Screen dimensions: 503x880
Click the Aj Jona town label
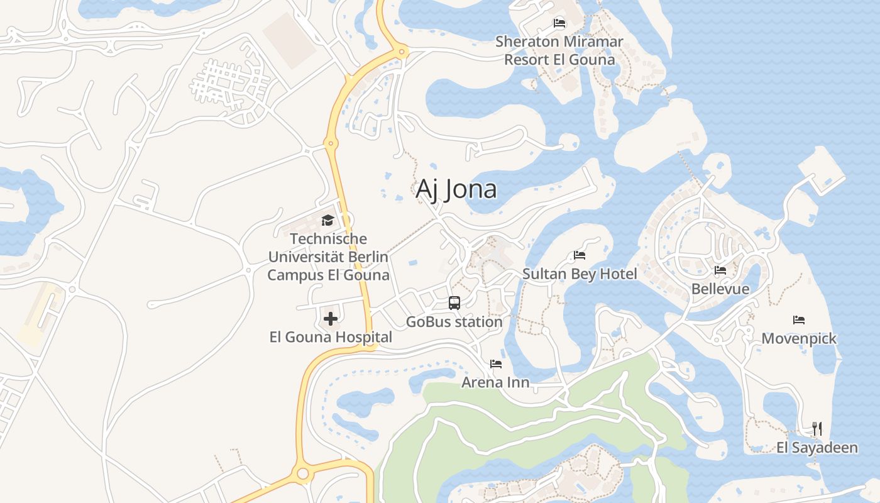pos(456,189)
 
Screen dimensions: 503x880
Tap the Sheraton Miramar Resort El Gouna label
pos(559,51)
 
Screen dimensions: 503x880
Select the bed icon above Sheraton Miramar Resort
pos(559,24)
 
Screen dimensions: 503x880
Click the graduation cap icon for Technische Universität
pos(327,220)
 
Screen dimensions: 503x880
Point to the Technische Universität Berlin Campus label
pos(328,257)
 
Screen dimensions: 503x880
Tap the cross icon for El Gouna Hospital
pos(331,319)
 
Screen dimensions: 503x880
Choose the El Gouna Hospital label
pos(331,337)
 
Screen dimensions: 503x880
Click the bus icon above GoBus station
pos(454,303)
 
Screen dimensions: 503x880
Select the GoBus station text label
pos(454,322)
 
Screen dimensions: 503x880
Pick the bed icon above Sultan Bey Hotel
pos(580,255)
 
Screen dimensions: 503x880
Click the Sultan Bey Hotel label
pos(580,274)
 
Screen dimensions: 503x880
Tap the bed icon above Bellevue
pos(720,270)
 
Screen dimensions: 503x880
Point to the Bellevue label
pos(720,289)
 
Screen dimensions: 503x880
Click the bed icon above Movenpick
pos(799,320)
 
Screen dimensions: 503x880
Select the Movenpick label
pos(799,338)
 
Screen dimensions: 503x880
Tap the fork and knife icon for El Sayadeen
pos(817,429)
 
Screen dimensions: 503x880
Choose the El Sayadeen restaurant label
pos(817,448)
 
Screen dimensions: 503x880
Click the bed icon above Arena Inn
pos(496,363)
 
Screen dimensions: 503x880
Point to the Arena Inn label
pos(495,382)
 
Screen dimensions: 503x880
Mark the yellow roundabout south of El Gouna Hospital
pos(302,473)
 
